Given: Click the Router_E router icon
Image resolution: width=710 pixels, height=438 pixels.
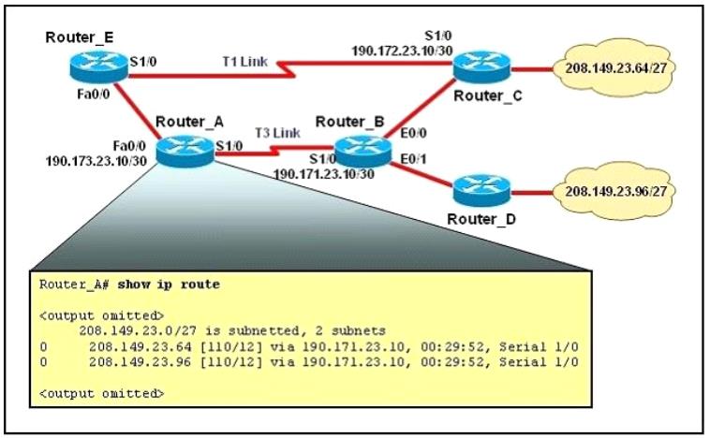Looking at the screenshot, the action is [98, 66].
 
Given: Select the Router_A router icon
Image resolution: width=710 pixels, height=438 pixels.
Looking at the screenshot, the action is [185, 151].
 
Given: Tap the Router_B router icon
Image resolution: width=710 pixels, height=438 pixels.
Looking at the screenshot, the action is [362, 151].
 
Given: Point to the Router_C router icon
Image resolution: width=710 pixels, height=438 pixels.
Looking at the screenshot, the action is [481, 67].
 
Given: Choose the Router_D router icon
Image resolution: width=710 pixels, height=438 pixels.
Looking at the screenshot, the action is [481, 191].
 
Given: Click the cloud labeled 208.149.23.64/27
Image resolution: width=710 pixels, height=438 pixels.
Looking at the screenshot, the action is [614, 68].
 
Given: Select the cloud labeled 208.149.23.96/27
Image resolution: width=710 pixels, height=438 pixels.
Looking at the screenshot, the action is [614, 191].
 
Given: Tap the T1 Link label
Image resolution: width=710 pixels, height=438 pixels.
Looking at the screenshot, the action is [245, 62].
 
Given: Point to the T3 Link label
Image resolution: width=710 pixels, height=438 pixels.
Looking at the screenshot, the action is [277, 133].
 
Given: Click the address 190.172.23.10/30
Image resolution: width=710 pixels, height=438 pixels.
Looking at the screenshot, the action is [402, 51].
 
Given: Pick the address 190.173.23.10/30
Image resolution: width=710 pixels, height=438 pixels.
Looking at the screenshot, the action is [96, 161].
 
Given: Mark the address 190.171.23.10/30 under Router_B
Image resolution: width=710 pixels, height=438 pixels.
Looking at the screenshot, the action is [324, 174].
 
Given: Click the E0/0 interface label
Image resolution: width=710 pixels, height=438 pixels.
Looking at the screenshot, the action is [413, 133].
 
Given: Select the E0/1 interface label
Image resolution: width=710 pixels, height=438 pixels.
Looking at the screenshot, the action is [413, 159].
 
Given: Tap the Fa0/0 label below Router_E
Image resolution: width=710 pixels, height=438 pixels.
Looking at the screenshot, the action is [94, 95].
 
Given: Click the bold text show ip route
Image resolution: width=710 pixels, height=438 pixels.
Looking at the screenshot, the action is [169, 285].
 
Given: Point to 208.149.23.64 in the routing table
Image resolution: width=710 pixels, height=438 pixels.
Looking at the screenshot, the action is [140, 347].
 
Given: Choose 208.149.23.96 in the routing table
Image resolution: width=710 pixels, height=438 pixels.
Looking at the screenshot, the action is [140, 362].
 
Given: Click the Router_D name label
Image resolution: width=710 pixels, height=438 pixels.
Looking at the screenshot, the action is [481, 219].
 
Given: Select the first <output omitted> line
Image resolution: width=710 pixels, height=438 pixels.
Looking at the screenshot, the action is [101, 315].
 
